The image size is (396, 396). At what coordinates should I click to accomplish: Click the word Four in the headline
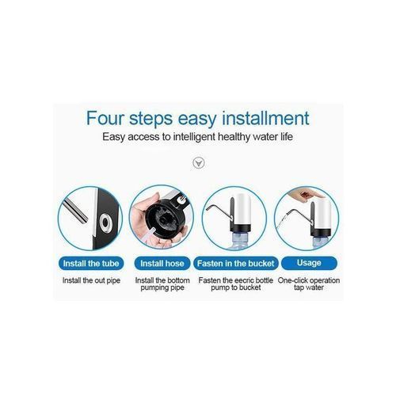pos(105,118)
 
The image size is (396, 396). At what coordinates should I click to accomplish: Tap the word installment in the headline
pos(265,118)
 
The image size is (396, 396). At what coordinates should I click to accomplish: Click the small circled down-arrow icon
pos(199,163)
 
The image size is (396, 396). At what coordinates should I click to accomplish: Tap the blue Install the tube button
pos(91,264)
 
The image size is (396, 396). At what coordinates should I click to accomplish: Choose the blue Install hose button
pos(162,264)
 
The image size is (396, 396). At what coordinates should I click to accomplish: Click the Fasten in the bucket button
pos(236,264)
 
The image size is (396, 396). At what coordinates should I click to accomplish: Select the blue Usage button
pos(309,263)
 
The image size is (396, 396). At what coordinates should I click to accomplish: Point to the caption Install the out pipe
pos(91,280)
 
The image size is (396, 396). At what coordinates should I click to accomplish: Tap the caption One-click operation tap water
pos(309,284)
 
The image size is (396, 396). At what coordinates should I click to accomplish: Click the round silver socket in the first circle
pos(106,223)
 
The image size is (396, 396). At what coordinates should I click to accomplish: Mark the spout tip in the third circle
pos(207,209)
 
